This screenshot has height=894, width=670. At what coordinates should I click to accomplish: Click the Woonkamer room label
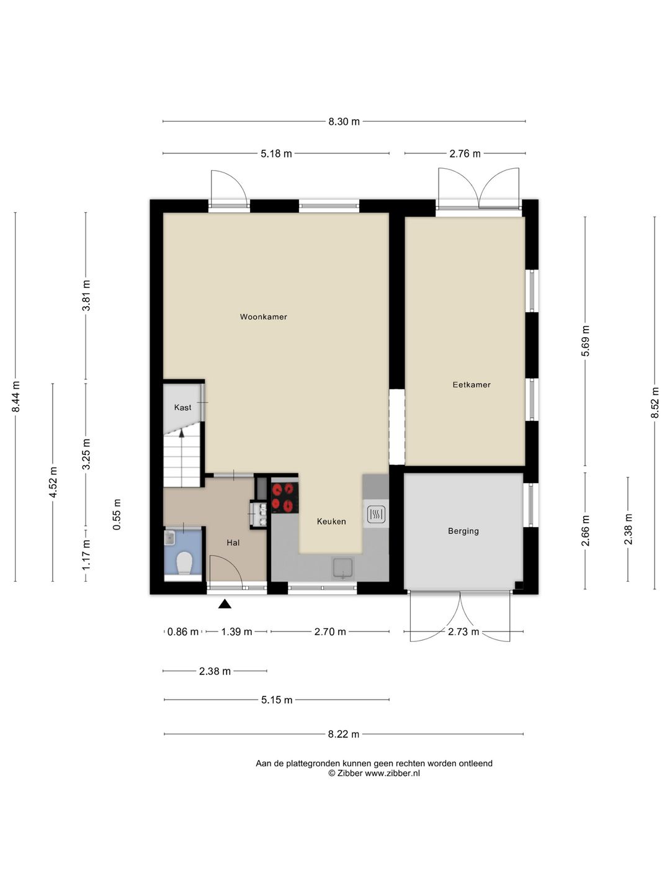pos(263,317)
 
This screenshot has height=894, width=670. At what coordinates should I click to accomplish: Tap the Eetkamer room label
pos(471,384)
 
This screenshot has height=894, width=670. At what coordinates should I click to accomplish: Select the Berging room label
pos(463,531)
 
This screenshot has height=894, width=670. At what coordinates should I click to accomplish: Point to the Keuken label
pos(331,521)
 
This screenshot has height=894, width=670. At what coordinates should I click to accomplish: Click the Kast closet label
pos(182,407)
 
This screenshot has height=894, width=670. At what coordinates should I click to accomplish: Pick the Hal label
pos(233,543)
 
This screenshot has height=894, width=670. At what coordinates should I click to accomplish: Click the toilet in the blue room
pos(184,563)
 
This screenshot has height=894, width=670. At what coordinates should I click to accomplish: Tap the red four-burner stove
pos(285,498)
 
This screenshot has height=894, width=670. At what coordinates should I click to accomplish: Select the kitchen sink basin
pos(342,568)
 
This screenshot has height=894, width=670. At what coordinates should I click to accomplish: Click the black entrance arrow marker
pos(225,604)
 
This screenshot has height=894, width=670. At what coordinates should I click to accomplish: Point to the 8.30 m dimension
pos(344,121)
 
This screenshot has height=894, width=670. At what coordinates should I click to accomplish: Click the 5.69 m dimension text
pos(585,341)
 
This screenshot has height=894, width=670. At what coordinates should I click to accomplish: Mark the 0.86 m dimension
pos(183,632)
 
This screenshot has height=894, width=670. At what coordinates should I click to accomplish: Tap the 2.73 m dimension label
pos(464,632)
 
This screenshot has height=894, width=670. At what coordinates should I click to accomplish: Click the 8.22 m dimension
pos(344,734)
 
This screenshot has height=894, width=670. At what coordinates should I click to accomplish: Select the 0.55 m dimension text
pos(117,515)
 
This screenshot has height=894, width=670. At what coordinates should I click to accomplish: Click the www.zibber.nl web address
pos(392,773)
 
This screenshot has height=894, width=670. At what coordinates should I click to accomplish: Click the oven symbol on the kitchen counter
pos(376,515)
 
